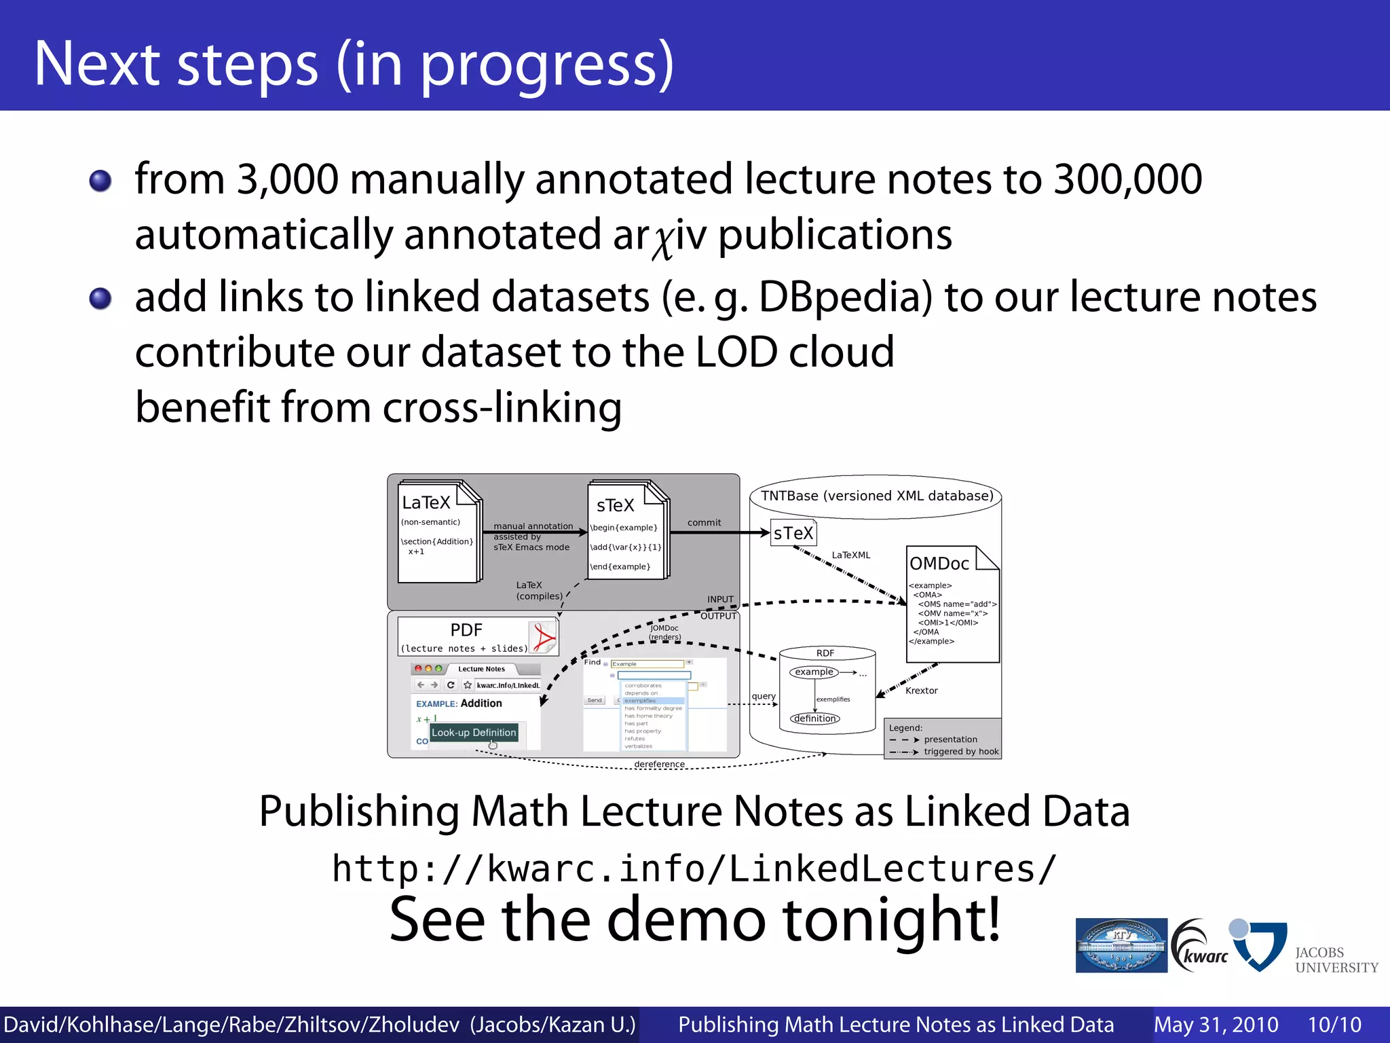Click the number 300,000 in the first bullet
(1127, 179)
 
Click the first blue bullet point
(100, 181)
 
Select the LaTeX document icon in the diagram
(439, 531)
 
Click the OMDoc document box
(952, 604)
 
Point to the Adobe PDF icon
(543, 637)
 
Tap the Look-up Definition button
(474, 733)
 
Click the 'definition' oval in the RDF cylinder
(814, 718)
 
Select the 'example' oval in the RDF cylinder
(814, 672)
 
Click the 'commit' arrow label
(704, 523)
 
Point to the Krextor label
(921, 691)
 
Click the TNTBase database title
(876, 496)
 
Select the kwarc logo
(1200, 945)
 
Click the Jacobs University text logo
(1336, 959)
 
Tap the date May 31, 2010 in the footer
(1216, 1025)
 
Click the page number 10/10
(1334, 1025)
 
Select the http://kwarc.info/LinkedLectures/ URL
(694, 868)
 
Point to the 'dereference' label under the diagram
(659, 764)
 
